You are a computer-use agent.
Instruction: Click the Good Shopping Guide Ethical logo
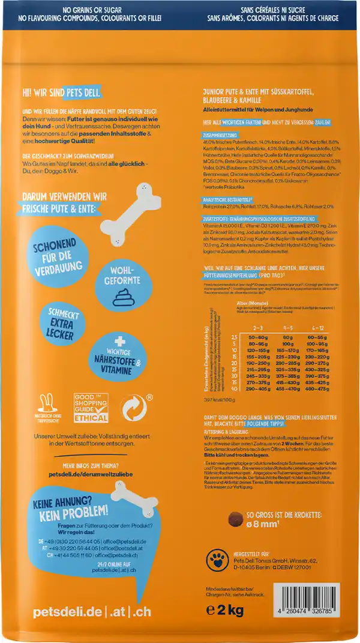point(90,408)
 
